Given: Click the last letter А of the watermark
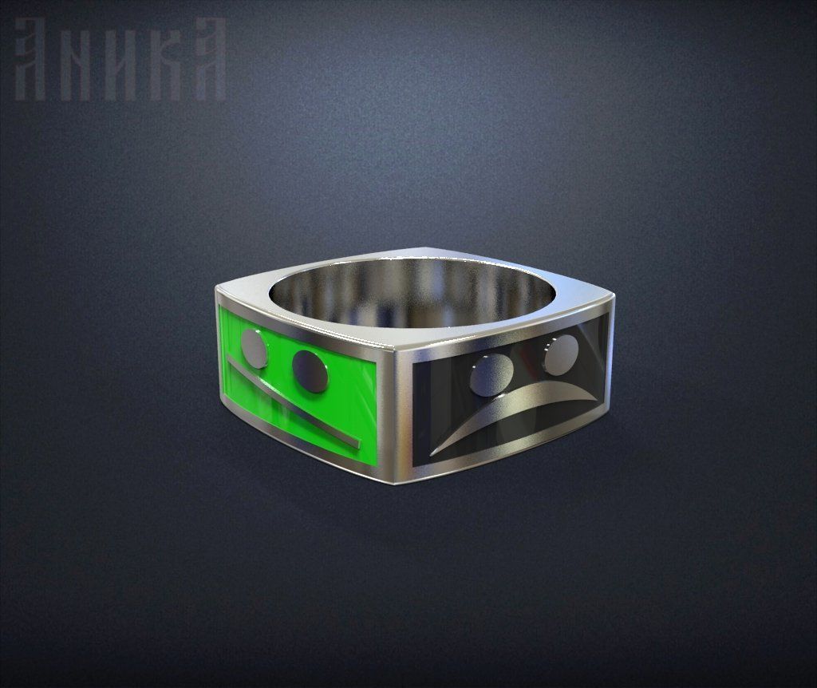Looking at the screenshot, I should (206, 60).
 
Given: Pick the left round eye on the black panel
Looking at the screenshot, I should (491, 375).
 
